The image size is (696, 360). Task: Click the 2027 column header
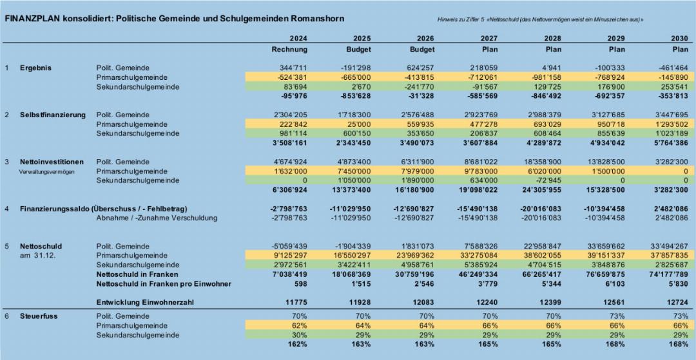(489, 38)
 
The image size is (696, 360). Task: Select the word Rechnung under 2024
(289, 49)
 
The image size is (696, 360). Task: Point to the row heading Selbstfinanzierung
(53, 115)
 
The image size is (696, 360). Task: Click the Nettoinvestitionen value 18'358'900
(542, 162)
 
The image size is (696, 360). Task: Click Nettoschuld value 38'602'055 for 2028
(542, 256)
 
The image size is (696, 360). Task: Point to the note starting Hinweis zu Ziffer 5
(540, 20)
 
